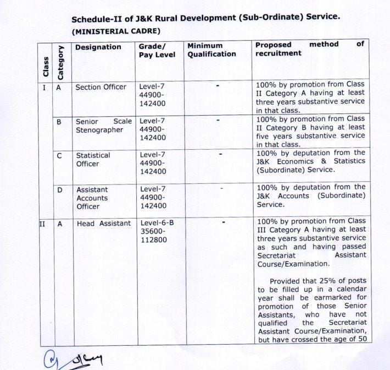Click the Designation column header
tap(98, 47)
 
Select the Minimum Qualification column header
tap(211, 50)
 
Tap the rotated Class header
tap(46, 64)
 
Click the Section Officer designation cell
tap(101, 87)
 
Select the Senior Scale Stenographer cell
tap(104, 126)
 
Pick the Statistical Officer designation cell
tap(93, 160)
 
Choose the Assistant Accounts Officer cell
tap(92, 198)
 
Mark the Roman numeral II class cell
tap(43, 224)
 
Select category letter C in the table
tap(60, 156)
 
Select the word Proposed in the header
tap(273, 44)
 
